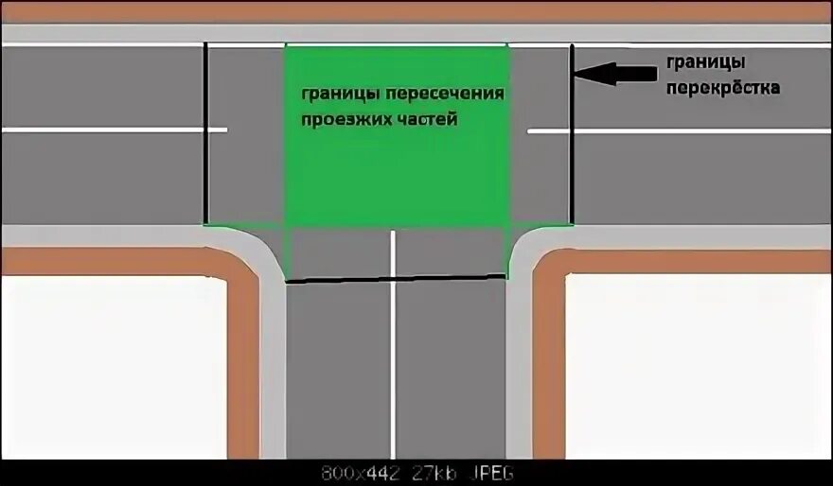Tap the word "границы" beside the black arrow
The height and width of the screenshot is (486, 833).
click(x=704, y=62)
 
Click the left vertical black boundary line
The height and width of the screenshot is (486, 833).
click(x=206, y=132)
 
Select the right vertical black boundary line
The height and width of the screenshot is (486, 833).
click(x=571, y=132)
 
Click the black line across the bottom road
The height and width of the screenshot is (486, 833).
click(x=396, y=278)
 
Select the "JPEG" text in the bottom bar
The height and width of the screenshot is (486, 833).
click(x=487, y=472)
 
